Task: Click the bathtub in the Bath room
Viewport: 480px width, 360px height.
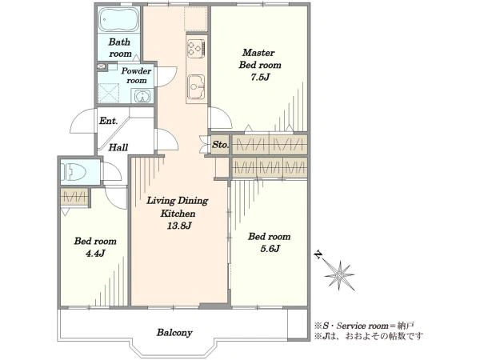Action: pyautogui.click(x=119, y=19)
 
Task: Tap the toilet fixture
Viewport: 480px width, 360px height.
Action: pyautogui.click(x=73, y=171)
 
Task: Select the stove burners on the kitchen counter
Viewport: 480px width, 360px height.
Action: pyautogui.click(x=196, y=48)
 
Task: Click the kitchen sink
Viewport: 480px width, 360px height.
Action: pyautogui.click(x=196, y=86)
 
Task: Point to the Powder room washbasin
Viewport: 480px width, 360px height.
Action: pyautogui.click(x=142, y=96)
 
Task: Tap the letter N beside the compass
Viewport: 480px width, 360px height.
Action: pyautogui.click(x=319, y=254)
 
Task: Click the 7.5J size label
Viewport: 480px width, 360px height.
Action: pyautogui.click(x=260, y=77)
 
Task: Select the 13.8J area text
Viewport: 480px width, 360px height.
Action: pyautogui.click(x=178, y=226)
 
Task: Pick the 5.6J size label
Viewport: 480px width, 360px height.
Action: pyautogui.click(x=270, y=249)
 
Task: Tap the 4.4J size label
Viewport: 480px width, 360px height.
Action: pyautogui.click(x=95, y=253)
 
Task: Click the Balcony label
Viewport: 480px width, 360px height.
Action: pyautogui.click(x=174, y=333)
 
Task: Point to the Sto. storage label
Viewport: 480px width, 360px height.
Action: pyautogui.click(x=220, y=145)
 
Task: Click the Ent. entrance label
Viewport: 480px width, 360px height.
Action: pyautogui.click(x=108, y=121)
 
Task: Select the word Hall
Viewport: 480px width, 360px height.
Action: pyautogui.click(x=118, y=147)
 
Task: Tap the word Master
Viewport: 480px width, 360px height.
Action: pyautogui.click(x=258, y=52)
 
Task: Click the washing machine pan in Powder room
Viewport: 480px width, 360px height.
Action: pyautogui.click(x=109, y=94)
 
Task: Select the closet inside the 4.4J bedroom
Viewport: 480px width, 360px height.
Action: pyautogui.click(x=74, y=197)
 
